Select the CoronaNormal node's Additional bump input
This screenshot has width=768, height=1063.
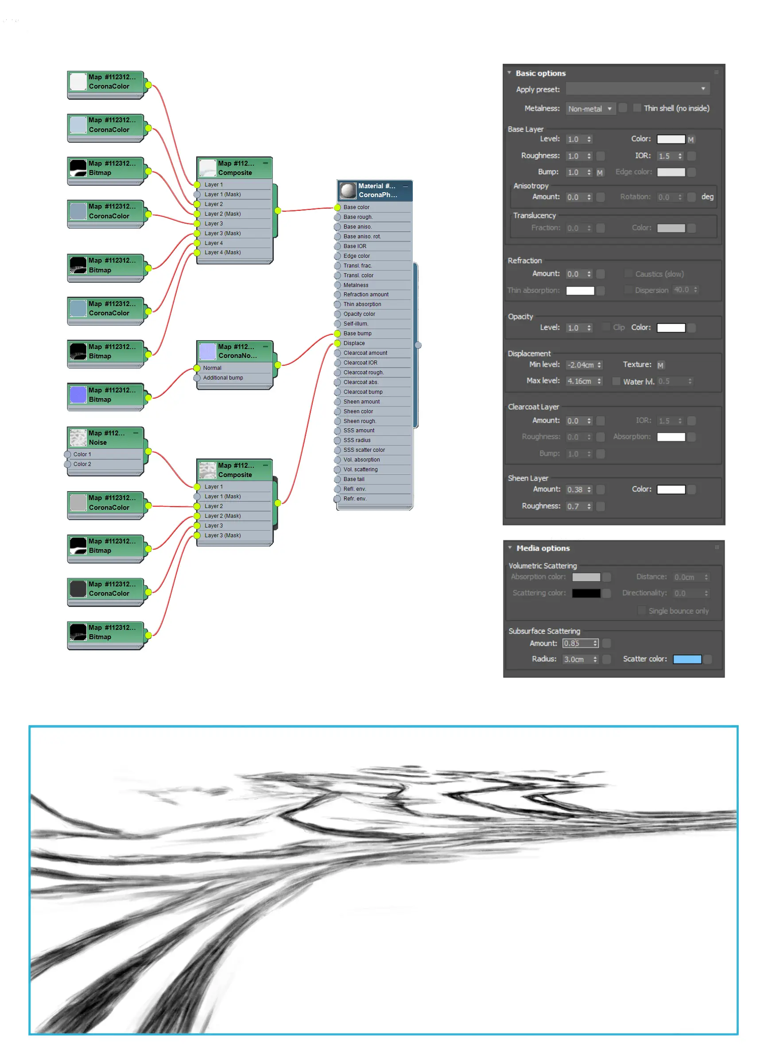point(223,378)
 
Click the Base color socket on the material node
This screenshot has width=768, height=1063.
point(337,207)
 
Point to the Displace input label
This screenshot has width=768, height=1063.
point(354,343)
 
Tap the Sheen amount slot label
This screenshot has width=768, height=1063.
point(361,402)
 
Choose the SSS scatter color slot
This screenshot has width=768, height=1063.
point(364,450)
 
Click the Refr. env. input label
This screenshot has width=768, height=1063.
point(355,499)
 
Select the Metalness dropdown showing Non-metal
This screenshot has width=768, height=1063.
point(590,109)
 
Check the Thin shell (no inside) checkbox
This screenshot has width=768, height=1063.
point(637,108)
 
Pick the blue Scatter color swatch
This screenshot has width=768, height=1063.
point(687,660)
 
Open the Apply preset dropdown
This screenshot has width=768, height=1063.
point(637,89)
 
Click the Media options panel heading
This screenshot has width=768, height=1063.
point(543,548)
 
